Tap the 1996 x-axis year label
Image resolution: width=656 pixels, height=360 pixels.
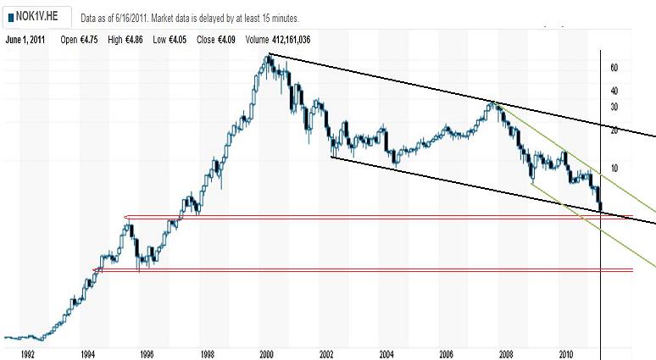(x=147, y=353)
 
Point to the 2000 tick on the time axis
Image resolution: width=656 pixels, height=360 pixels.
(x=266, y=353)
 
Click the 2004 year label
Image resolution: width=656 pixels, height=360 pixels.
(x=386, y=353)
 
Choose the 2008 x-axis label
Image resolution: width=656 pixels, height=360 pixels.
(x=507, y=353)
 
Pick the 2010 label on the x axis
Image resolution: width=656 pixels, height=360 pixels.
(x=567, y=353)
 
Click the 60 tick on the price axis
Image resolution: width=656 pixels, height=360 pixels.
(x=614, y=68)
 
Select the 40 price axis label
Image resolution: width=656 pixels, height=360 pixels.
(x=614, y=91)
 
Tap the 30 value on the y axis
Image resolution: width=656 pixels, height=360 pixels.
(x=614, y=107)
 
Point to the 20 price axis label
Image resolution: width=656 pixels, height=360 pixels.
(x=614, y=130)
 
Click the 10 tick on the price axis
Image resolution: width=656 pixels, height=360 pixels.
(x=614, y=168)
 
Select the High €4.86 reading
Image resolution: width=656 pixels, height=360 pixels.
(x=126, y=40)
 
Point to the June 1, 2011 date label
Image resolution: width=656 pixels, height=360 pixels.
(x=25, y=40)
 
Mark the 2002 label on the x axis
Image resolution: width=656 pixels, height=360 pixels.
(x=326, y=353)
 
